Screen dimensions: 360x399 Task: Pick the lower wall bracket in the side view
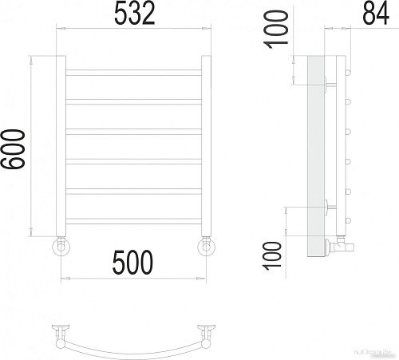[x=329, y=206]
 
